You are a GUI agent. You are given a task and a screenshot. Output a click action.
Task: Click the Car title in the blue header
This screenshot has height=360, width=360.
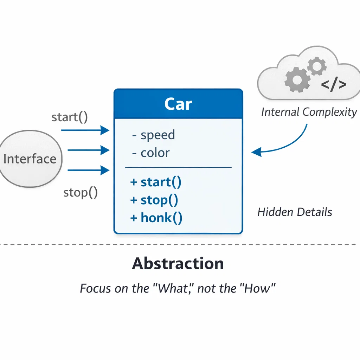pyautogui.click(x=178, y=104)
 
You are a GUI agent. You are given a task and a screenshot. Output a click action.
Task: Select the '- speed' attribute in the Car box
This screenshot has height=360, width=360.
pyautogui.click(x=154, y=135)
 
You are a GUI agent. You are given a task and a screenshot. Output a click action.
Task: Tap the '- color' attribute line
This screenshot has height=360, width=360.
pyautogui.click(x=151, y=153)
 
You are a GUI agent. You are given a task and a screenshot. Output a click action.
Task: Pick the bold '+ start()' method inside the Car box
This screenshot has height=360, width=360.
pyautogui.click(x=156, y=182)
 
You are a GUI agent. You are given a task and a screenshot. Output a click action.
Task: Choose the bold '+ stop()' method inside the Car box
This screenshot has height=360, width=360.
pyautogui.click(x=154, y=200)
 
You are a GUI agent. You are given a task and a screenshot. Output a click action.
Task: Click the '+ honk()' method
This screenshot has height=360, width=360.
pyautogui.click(x=156, y=218)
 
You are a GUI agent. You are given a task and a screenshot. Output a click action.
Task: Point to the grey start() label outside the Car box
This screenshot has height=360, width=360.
pyautogui.click(x=70, y=117)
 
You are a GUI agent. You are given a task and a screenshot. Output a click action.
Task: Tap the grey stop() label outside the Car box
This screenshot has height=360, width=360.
pyautogui.click(x=80, y=193)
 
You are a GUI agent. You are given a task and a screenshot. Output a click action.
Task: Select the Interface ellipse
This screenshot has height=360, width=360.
pyautogui.click(x=30, y=159)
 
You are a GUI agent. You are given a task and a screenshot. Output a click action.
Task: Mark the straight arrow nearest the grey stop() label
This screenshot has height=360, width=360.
pyautogui.click(x=88, y=171)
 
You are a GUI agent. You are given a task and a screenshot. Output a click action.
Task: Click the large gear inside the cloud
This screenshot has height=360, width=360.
pyautogui.click(x=297, y=79)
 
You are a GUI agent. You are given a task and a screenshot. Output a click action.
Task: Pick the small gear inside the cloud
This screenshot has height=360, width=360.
pyautogui.click(x=316, y=66)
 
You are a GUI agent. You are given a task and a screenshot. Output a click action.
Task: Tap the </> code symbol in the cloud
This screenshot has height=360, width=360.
pyautogui.click(x=334, y=84)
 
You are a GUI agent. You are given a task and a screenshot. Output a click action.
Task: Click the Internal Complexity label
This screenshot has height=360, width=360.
pyautogui.click(x=309, y=112)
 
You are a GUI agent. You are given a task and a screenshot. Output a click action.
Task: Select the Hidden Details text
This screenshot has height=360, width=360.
pyautogui.click(x=295, y=212)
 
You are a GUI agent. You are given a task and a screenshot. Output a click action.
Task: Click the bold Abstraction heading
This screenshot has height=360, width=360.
pyautogui.click(x=178, y=263)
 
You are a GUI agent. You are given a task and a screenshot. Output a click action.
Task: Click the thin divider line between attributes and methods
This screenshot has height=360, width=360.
pyautogui.click(x=178, y=168)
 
